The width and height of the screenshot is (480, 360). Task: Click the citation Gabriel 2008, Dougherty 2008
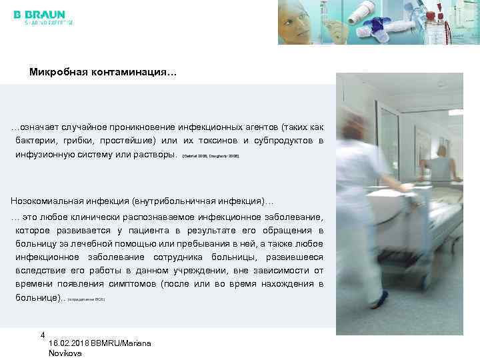point(210,155)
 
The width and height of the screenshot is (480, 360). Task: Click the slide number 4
point(43,335)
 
